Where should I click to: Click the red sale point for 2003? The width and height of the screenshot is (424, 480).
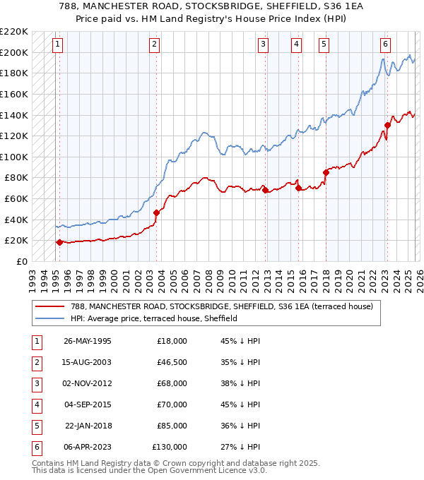156,212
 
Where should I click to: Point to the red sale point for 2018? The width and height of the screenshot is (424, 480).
326,172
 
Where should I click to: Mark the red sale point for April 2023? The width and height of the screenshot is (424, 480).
387,126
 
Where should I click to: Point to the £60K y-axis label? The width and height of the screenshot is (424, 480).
16,199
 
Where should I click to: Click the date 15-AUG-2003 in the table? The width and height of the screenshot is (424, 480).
88,362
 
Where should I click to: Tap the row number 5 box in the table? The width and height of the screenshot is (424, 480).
35,426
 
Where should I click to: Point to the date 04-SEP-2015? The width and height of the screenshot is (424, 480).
88,404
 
